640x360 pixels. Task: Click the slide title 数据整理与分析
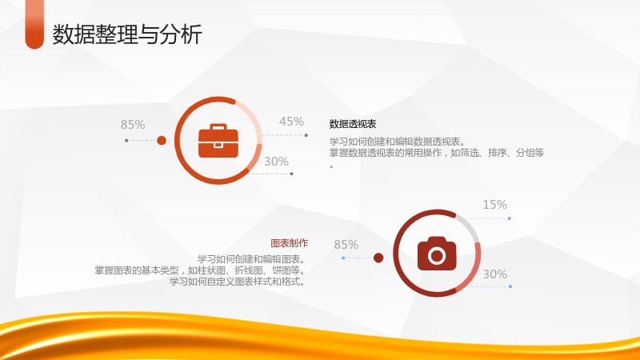click(127, 34)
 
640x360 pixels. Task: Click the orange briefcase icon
click(218, 141)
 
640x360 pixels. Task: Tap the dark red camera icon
click(437, 254)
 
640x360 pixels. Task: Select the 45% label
click(291, 122)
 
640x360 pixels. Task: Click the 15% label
click(494, 205)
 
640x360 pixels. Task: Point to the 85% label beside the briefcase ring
click(133, 125)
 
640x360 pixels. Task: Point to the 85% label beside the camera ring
click(346, 245)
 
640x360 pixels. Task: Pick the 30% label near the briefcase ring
click(276, 162)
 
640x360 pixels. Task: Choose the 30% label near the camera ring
click(495, 274)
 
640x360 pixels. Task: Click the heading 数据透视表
click(353, 124)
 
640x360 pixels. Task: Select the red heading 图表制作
click(290, 243)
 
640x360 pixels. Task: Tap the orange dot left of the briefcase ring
click(162, 141)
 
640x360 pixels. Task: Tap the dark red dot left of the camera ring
click(378, 258)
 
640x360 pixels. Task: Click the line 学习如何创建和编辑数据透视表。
click(398, 142)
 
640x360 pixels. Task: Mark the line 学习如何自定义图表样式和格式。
click(238, 282)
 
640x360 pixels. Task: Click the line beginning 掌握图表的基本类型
click(200, 270)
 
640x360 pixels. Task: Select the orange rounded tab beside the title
click(34, 24)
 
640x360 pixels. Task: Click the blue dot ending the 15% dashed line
click(510, 218)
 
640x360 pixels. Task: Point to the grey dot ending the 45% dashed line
click(306, 135)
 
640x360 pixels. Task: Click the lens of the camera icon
click(437, 256)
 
